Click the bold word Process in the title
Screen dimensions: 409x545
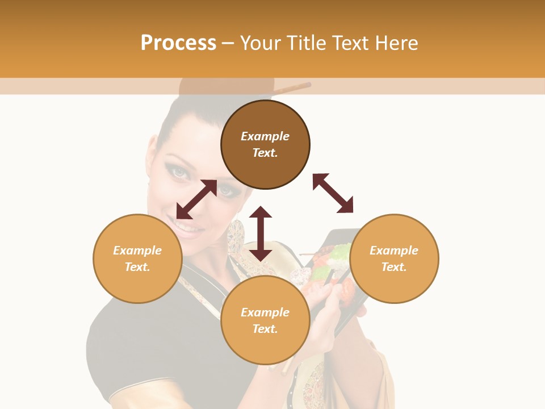coord(178,43)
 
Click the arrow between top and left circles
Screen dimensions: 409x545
coord(196,199)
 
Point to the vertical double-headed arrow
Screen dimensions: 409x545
coord(261,233)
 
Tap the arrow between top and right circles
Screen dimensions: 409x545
coord(333,193)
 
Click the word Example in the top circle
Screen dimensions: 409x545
coord(265,136)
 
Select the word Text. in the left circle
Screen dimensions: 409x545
coord(137,267)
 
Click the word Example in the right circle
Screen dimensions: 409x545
coord(394,251)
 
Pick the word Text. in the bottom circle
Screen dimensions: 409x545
coord(265,329)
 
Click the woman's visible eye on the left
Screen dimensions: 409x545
coord(179,172)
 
